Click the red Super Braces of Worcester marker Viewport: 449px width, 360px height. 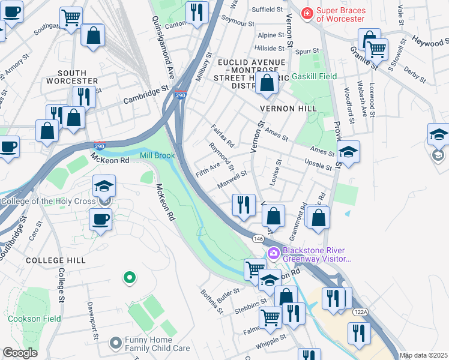tap(307, 13)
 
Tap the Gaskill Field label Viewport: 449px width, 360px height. tap(314, 76)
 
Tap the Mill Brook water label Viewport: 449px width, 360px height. tap(157, 156)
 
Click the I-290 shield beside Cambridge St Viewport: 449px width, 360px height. tap(181, 94)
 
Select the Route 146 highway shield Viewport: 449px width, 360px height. tap(258, 239)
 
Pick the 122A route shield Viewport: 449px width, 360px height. tap(360, 312)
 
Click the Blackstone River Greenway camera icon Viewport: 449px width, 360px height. tap(274, 253)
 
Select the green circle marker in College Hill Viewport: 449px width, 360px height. tap(128, 277)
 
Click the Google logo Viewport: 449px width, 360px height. tap(20, 353)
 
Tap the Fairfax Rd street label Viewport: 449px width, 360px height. tap(222, 136)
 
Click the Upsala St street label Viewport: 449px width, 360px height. tap(318, 164)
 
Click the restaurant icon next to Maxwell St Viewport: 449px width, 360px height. tap(243, 205)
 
